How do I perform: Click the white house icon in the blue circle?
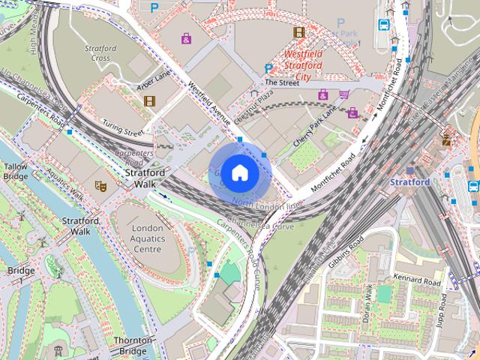click(x=238, y=173)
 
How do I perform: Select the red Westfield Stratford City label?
click(x=303, y=65)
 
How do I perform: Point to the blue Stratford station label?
click(x=410, y=182)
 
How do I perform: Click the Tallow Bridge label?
click(x=16, y=171)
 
